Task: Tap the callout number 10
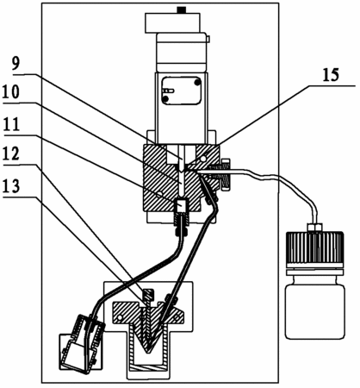pos(11,92)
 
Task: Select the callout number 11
pos(11,125)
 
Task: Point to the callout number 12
pos(11,153)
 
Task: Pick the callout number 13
pos(11,186)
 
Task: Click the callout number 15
pos(331,75)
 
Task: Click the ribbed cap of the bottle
pos(315,247)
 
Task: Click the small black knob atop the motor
pos(181,10)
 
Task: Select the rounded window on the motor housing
pos(181,91)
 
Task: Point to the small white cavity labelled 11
pos(181,206)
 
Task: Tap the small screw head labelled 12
pos(148,295)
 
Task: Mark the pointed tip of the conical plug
pos(148,353)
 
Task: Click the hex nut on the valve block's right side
pos(226,174)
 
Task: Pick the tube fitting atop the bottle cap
pos(314,227)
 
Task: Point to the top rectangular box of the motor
pos(172,22)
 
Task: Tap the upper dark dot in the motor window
pos(197,83)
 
